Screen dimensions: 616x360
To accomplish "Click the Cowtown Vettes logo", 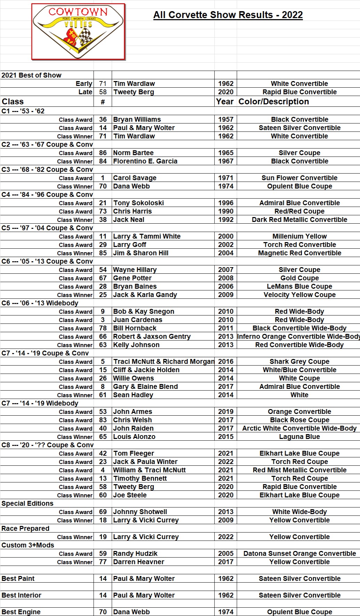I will (x=78, y=32).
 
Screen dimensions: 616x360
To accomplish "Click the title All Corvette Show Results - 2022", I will (x=228, y=15).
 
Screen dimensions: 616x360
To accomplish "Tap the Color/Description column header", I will (x=273, y=102).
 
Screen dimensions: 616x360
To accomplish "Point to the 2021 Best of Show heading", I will (x=31, y=75).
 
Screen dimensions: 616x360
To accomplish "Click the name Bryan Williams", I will (x=137, y=119).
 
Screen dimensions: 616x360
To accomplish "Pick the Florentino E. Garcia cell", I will (x=145, y=161).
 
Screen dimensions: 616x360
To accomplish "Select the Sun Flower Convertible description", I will (x=299, y=178).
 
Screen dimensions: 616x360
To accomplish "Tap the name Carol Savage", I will (x=135, y=178).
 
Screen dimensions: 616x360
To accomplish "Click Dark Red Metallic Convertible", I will (x=299, y=219).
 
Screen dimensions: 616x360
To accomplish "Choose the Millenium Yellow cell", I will (x=299, y=236).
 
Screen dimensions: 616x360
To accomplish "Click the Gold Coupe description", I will (x=299, y=278).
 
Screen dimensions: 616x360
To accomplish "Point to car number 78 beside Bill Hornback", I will (x=103, y=328).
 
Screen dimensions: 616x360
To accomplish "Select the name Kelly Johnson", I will (x=136, y=345).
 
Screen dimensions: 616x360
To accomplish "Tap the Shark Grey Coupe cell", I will (x=299, y=361).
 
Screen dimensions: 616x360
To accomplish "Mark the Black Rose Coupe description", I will (x=299, y=420).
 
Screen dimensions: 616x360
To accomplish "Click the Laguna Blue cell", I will (x=299, y=437).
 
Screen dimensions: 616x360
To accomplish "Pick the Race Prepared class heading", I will (x=25, y=528).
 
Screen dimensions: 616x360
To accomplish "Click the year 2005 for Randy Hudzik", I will (x=225, y=553).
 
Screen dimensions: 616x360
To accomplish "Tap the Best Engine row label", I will (x=21, y=612).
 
